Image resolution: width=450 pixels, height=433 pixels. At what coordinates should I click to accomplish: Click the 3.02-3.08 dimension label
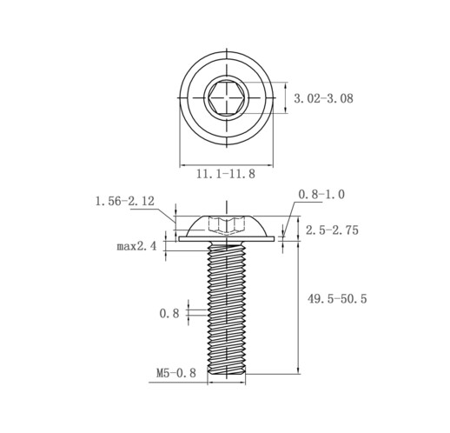(x=323, y=98)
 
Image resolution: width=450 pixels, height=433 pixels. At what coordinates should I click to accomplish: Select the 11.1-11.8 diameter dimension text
(x=226, y=174)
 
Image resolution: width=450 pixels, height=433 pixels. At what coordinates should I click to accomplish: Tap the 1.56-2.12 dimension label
(x=125, y=201)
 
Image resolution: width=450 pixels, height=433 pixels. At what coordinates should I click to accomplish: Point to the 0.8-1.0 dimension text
(x=321, y=194)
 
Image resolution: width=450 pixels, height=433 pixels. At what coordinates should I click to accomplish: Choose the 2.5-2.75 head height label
(x=332, y=230)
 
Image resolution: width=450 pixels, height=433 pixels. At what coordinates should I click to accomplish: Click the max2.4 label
(x=136, y=246)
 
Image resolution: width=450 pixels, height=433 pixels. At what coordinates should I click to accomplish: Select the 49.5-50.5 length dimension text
(x=337, y=298)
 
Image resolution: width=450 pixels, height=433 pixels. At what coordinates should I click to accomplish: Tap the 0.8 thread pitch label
(x=169, y=313)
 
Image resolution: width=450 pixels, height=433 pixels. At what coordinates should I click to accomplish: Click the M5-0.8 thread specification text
(x=176, y=373)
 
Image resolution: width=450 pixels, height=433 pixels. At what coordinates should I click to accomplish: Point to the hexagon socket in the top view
(x=227, y=97)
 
